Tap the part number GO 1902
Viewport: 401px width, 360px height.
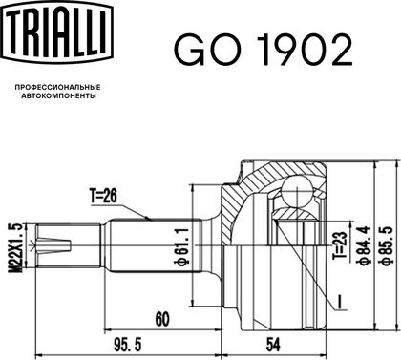pyautogui.click(x=263, y=50)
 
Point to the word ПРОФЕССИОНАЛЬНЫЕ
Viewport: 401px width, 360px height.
pyautogui.click(x=57, y=87)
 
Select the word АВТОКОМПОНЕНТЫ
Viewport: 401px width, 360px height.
pyautogui.click(x=58, y=95)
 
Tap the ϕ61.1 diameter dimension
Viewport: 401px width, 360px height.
pyautogui.click(x=183, y=246)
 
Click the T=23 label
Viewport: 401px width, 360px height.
pyautogui.click(x=340, y=245)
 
